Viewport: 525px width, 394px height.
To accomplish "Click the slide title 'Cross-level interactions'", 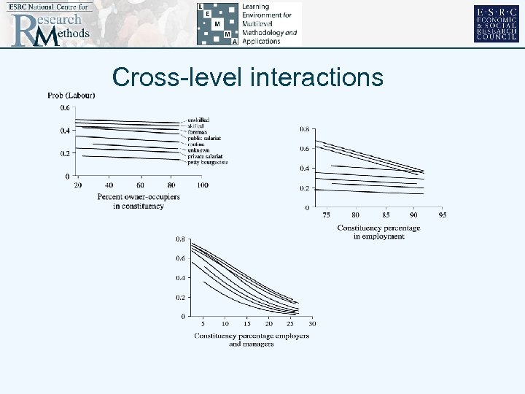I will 248,77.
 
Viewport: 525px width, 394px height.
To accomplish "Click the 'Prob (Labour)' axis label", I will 71,95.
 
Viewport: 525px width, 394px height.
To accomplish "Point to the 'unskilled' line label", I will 198,120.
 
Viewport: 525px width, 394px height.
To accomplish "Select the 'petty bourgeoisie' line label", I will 207,162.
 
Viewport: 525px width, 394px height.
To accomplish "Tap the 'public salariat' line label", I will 204,138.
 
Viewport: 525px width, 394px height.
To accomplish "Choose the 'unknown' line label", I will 199,150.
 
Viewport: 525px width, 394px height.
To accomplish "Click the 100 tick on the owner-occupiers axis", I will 202,185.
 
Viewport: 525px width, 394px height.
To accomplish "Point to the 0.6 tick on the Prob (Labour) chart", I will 65,108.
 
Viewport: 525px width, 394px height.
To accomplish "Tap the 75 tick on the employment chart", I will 326,215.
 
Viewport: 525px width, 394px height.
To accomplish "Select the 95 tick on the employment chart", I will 443,215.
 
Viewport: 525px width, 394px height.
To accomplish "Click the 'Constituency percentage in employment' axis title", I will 378,232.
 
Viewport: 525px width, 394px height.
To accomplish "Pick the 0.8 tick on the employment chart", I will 304,129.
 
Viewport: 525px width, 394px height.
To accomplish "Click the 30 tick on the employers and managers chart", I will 312,323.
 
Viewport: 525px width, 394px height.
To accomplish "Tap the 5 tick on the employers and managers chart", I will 203,323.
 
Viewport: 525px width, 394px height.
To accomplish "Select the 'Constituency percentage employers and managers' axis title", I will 251,339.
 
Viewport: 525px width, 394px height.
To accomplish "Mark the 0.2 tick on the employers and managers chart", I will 179,298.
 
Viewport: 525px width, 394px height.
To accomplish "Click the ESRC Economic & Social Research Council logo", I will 496,23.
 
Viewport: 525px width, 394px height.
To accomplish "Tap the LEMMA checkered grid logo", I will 217,24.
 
